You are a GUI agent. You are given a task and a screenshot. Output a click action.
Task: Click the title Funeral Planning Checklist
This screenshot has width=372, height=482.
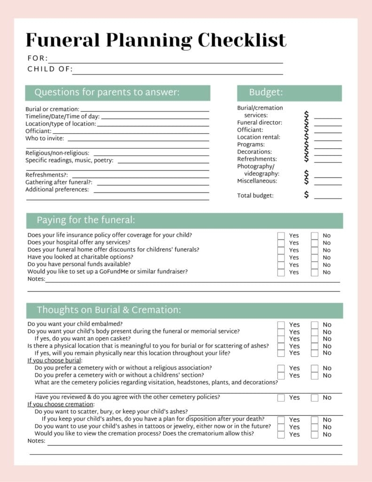tap(156, 40)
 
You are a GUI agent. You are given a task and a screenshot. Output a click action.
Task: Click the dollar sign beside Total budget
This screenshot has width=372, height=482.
tap(307, 195)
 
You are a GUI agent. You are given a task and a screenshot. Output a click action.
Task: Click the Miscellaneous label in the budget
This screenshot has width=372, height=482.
tap(257, 181)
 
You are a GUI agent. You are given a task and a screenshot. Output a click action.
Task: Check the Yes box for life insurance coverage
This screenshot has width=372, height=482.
tap(281, 235)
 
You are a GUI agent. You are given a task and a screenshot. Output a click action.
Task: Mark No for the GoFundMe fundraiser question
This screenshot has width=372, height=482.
tap(315, 272)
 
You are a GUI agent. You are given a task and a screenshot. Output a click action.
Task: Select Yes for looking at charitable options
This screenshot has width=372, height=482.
tap(281, 257)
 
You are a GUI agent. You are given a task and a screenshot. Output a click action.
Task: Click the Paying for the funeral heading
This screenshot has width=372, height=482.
tap(86, 220)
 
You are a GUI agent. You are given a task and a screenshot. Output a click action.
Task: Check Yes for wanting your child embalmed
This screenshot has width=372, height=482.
tap(281, 324)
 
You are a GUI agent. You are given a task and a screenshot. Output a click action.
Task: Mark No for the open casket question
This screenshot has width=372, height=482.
tap(315, 338)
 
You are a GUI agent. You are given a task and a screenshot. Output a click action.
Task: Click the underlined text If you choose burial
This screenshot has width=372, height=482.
tap(55, 361)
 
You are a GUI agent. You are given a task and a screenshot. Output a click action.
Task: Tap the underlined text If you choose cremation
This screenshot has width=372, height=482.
tap(60, 404)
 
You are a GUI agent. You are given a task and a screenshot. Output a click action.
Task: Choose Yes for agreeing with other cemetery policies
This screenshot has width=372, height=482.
tap(281, 397)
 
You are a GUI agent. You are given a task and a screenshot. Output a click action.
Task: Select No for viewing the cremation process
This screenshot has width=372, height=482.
tap(315, 434)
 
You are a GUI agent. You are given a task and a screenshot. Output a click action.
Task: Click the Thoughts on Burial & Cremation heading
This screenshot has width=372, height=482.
tap(109, 310)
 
